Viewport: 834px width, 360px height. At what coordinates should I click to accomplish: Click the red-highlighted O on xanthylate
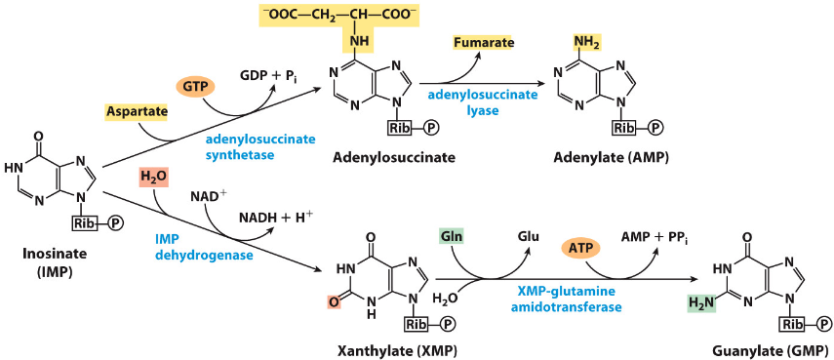334,302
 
